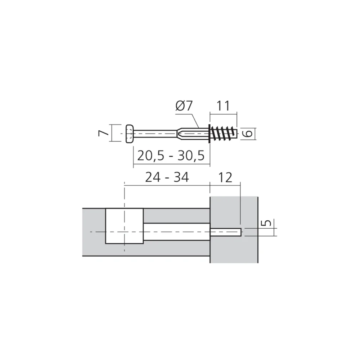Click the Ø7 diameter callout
(185, 106)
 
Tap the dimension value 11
(223, 106)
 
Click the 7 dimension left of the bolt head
(103, 134)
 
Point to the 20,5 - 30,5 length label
(171, 156)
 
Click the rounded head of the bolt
(130, 134)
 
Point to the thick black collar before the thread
(209, 134)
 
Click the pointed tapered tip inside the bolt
(179, 134)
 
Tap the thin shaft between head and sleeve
(155, 134)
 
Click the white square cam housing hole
(124, 226)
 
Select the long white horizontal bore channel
(176, 231)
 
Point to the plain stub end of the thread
(235, 134)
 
